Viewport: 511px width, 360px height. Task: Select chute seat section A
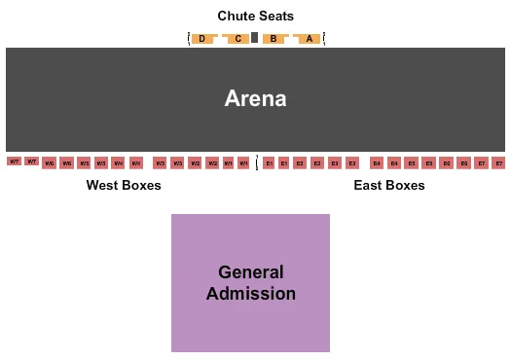click(310, 39)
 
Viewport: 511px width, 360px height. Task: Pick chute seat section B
click(274, 39)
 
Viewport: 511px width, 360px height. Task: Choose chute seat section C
click(237, 39)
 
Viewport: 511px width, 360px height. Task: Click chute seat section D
click(201, 39)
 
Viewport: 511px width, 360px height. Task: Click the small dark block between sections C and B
click(255, 38)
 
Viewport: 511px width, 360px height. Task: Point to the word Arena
click(255, 98)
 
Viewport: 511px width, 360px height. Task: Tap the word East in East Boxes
click(370, 185)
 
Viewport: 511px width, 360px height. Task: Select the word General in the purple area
click(251, 272)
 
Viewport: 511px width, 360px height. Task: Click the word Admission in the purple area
click(251, 293)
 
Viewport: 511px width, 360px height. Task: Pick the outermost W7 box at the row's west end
click(14, 162)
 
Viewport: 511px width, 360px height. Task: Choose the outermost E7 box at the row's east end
click(498, 163)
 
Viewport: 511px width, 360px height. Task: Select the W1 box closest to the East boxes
click(243, 163)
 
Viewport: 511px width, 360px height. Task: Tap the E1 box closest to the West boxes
click(269, 163)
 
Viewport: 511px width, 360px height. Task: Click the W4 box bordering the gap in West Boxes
click(135, 163)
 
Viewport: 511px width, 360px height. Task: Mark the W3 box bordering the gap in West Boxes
click(160, 163)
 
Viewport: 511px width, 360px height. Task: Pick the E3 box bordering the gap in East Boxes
click(351, 163)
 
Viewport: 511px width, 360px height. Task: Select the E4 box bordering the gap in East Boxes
click(377, 163)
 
